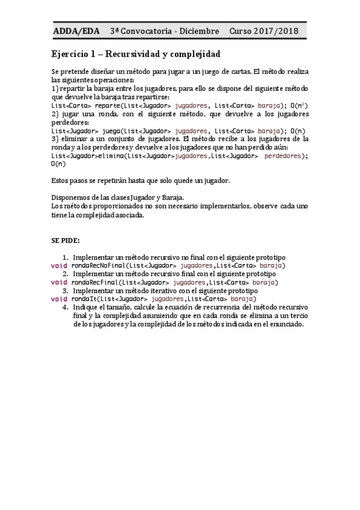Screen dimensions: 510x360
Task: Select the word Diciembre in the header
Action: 201,31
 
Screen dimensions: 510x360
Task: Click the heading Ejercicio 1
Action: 78,54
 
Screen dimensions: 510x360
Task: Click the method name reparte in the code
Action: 107,105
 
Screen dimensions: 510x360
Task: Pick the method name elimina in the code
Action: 110,155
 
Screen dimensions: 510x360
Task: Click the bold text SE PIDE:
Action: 65,240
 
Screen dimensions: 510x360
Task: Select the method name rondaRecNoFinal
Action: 97,265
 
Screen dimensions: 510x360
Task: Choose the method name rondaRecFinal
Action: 94,282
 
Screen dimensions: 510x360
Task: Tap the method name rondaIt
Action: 83,299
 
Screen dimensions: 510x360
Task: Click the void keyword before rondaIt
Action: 59,299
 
